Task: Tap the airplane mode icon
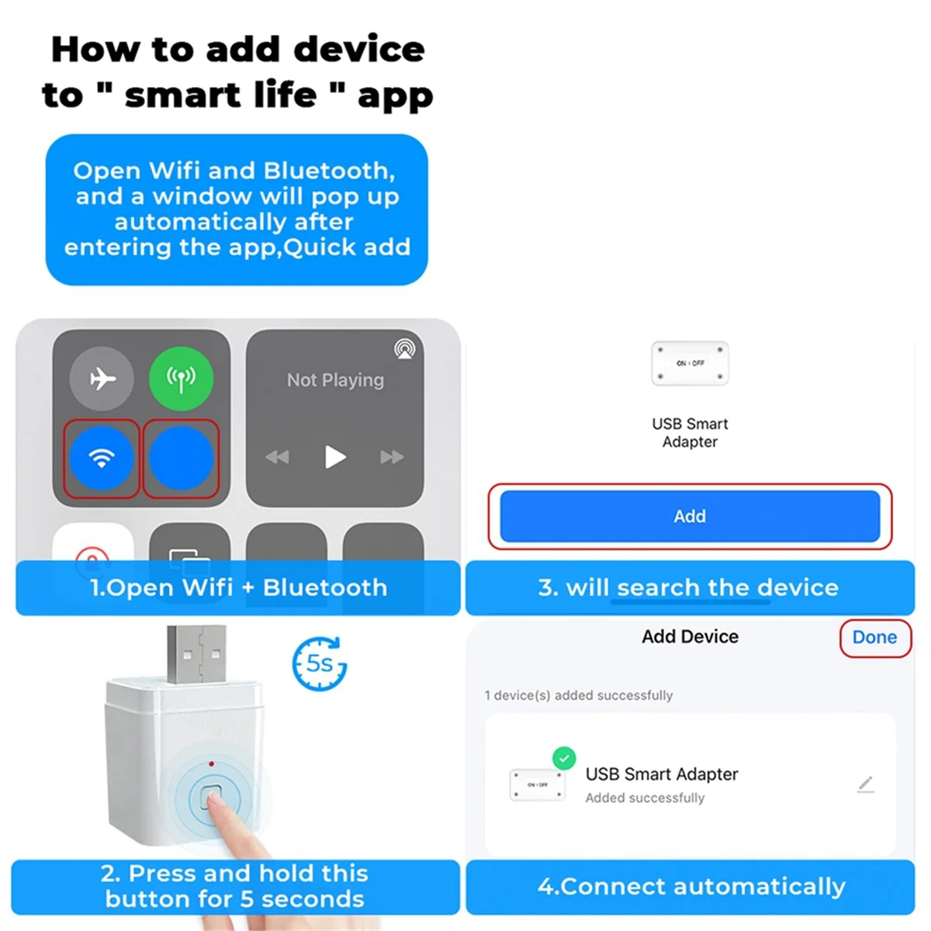[102, 379]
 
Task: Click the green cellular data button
[181, 379]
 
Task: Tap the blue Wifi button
[102, 458]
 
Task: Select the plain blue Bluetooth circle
[181, 458]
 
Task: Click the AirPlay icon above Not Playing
[404, 349]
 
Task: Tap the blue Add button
[689, 516]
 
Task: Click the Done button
[874, 638]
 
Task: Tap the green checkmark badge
[564, 758]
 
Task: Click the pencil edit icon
[866, 784]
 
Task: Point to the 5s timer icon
[319, 664]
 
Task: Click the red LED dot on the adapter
[211, 764]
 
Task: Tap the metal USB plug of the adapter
[197, 653]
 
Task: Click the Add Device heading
[690, 637]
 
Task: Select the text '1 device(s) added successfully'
[579, 696]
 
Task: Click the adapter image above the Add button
[690, 363]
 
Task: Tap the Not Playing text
[335, 380]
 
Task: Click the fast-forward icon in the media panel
[392, 457]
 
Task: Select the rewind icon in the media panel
[277, 457]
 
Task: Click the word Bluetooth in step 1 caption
[325, 588]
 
